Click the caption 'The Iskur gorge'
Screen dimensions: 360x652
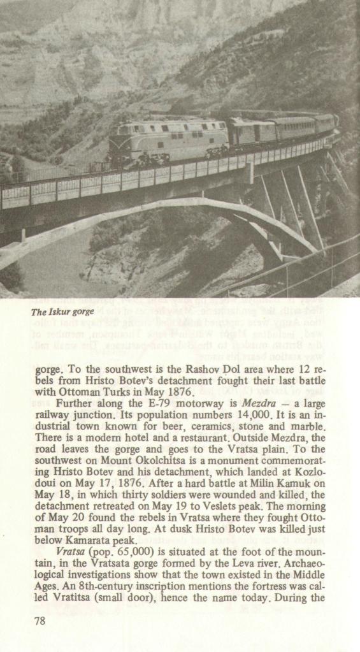click(62, 312)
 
